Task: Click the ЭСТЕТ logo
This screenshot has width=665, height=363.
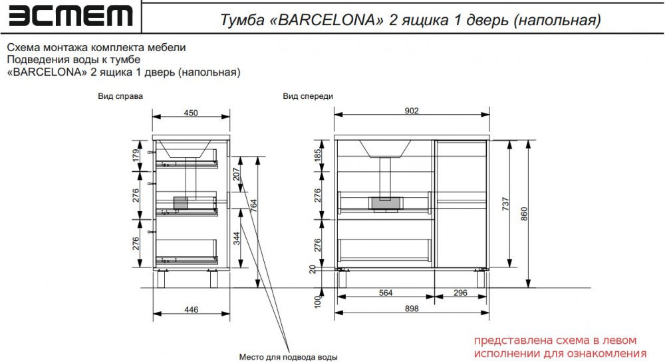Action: tap(70, 16)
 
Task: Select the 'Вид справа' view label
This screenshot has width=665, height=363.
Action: tap(120, 96)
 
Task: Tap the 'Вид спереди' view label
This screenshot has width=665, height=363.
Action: tap(308, 96)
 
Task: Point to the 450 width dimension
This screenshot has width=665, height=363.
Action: tap(191, 113)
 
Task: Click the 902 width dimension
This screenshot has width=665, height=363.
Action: tap(412, 111)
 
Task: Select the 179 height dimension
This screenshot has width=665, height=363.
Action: tap(136, 155)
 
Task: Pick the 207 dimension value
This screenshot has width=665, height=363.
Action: tap(236, 174)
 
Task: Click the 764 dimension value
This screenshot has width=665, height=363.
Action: tap(253, 206)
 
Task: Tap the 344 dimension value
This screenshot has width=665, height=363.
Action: tap(237, 238)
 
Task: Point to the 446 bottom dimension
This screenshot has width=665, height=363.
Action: tap(192, 310)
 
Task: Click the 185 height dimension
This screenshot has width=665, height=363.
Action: tap(317, 155)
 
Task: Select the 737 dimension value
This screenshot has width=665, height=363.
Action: tap(505, 204)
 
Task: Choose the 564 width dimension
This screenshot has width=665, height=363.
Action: tap(386, 293)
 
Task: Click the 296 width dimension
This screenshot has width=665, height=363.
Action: tap(461, 293)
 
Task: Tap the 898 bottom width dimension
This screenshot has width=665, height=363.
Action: tap(412, 309)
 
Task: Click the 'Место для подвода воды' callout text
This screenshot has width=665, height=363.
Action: tap(289, 357)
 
